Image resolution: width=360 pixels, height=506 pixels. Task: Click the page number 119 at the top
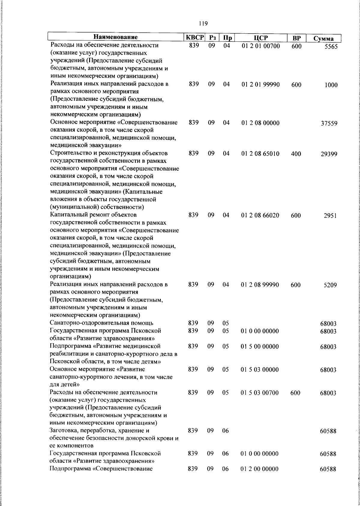[x=203, y=23]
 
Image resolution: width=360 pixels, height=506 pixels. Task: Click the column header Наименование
[x=115, y=38]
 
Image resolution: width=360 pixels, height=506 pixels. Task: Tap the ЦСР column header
[x=260, y=38]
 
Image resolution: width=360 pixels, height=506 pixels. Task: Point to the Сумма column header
[x=323, y=38]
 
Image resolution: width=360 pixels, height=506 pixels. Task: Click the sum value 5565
[x=331, y=47]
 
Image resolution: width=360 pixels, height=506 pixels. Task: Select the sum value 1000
[x=331, y=85]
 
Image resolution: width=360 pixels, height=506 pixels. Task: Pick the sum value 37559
[x=329, y=123]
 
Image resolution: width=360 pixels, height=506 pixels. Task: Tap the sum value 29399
[x=329, y=154]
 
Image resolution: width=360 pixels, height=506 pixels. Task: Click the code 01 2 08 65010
[x=260, y=154]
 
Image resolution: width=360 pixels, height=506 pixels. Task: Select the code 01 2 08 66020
[x=260, y=215]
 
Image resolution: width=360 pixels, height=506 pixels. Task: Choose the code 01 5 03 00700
[x=260, y=393]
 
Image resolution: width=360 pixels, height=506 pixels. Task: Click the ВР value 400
[x=296, y=154]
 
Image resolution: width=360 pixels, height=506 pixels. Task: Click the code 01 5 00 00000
[x=260, y=347]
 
